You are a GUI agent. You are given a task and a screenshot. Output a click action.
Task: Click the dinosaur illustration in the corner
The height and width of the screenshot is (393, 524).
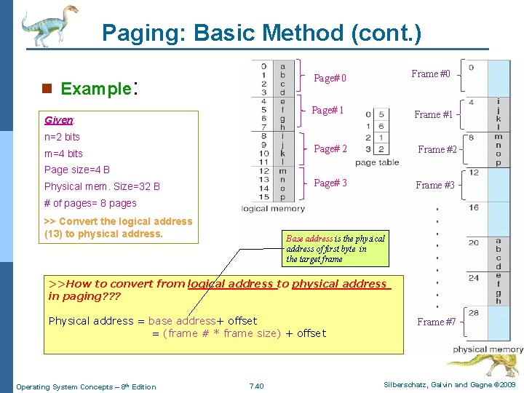click(47, 26)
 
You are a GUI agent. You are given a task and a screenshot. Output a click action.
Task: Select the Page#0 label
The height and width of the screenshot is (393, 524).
click(330, 78)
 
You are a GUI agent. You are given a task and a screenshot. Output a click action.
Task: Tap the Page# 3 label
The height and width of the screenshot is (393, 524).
click(330, 183)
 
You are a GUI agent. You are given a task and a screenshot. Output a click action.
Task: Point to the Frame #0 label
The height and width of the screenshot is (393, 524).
click(431, 74)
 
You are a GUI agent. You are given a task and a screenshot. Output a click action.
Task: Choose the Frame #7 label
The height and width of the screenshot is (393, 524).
click(437, 322)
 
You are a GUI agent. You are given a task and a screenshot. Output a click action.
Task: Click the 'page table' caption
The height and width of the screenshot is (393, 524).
click(377, 162)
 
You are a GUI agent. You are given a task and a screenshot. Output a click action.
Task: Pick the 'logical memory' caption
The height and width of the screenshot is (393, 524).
click(272, 209)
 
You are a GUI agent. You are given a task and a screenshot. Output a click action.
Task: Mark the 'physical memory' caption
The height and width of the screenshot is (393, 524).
click(488, 349)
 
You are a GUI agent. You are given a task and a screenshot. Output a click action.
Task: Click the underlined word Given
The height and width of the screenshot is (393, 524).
click(58, 120)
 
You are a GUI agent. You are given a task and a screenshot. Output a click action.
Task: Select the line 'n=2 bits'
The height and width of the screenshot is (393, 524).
click(62, 137)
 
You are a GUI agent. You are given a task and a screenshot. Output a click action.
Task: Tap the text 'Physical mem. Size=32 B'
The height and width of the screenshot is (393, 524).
click(102, 186)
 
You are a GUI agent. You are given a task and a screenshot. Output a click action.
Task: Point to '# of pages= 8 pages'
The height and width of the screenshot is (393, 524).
click(90, 203)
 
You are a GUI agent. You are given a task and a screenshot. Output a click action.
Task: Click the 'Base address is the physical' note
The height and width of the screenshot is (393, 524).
click(335, 239)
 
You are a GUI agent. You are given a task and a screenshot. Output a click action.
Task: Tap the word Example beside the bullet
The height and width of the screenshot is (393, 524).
click(95, 90)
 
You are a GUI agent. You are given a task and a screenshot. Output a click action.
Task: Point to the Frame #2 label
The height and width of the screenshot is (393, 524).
click(437, 149)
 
